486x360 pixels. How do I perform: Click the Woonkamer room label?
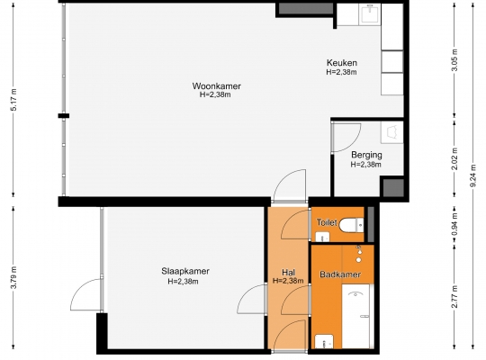point(216,85)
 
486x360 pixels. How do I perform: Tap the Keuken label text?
point(342,63)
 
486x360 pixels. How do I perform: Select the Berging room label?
point(366,155)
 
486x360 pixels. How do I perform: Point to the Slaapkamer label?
point(185,271)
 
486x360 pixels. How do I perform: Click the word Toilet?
point(327,222)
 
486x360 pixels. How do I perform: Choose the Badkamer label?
point(340,274)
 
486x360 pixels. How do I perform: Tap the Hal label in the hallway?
point(288,272)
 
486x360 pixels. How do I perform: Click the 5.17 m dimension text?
point(13,100)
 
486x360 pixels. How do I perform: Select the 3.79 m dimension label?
point(13,277)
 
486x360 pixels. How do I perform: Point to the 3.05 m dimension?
point(454,59)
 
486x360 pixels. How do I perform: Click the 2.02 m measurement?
point(454,158)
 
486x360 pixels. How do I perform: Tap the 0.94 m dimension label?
point(454,224)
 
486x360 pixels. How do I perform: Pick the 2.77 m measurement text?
point(454,297)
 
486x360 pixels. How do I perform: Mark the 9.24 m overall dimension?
point(473,175)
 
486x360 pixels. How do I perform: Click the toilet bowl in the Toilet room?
point(351,225)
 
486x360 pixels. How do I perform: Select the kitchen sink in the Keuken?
point(370,14)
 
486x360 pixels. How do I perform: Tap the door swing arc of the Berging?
point(352,144)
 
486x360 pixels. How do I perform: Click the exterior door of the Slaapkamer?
point(85,294)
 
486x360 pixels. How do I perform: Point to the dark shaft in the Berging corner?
point(393,187)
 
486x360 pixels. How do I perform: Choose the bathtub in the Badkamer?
point(355,316)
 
